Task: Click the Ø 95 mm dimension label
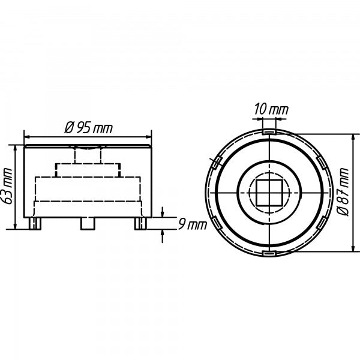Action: pyautogui.click(x=89, y=128)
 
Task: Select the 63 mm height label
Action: pyautogui.click(x=7, y=186)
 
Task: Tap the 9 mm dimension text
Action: pyautogui.click(x=193, y=225)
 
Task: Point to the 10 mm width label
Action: pyautogui.click(x=271, y=110)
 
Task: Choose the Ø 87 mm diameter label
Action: pyautogui.click(x=343, y=192)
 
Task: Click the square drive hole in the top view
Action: pyautogui.click(x=269, y=193)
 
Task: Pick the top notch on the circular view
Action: pyautogui.click(x=269, y=133)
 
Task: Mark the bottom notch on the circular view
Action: pyautogui.click(x=269, y=253)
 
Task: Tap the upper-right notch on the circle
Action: pyautogui.click(x=322, y=163)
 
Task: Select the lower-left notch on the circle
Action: pyautogui.click(x=217, y=223)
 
